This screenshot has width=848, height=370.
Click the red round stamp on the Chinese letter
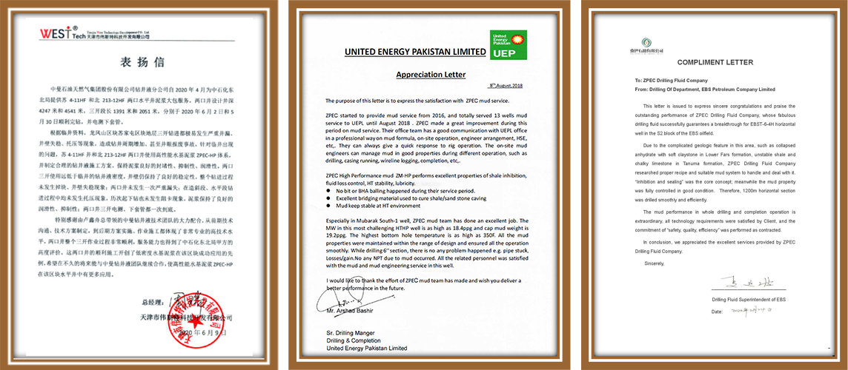[195, 322]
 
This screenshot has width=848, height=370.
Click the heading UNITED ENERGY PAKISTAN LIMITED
[416, 52]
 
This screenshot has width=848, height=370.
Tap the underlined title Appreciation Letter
[431, 75]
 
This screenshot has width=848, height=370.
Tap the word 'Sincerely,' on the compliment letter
[655, 263]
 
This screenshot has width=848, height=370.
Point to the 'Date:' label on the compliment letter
[716, 312]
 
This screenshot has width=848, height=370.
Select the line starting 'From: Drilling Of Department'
[695, 89]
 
